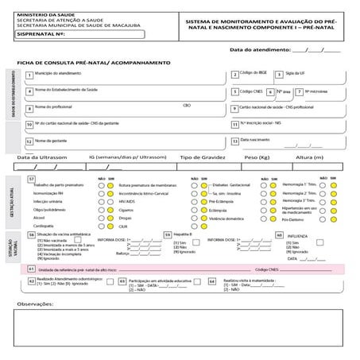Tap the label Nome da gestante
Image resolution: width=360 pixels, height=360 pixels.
[x=52, y=140]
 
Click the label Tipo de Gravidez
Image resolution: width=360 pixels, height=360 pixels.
[x=199, y=158]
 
